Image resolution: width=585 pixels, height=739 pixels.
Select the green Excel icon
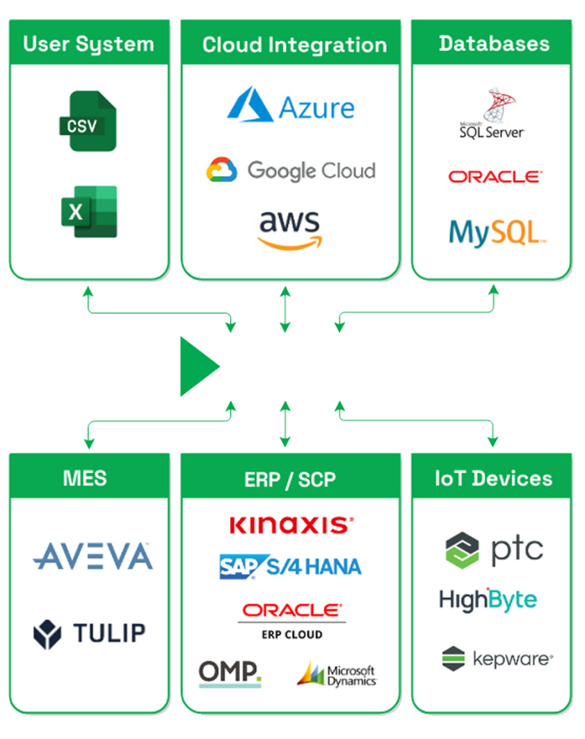coord(88,211)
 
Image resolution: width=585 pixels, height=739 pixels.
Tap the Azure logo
coord(290,105)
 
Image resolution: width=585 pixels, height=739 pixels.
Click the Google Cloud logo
coord(290,169)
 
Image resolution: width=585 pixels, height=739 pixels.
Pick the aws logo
coord(289,229)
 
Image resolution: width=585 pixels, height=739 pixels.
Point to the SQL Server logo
coord(492,114)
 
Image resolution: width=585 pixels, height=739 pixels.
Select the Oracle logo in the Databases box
coord(494,177)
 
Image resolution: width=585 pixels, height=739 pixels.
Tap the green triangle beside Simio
coord(197,367)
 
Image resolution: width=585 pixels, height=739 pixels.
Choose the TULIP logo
coord(89,633)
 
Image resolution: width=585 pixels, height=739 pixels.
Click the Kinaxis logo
coord(290,524)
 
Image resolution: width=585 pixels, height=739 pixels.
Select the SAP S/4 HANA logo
coord(290,566)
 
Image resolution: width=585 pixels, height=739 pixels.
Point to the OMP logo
coord(229,673)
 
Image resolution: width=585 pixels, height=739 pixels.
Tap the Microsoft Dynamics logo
coord(337,674)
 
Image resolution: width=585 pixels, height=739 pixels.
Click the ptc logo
coord(494,549)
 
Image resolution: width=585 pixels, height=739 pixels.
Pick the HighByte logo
coord(487,600)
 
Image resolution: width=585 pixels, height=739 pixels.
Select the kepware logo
coord(497,657)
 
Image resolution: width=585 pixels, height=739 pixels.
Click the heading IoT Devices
coord(493,478)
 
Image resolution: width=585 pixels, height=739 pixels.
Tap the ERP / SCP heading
coord(290,480)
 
